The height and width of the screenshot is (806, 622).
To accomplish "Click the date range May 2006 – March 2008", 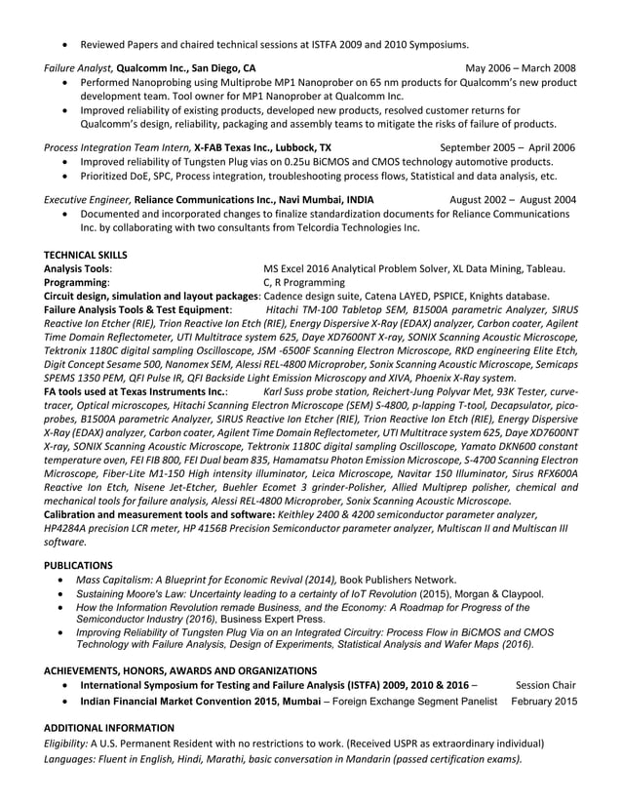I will point(521,68).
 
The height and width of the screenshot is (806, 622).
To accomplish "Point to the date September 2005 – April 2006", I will point(507,147).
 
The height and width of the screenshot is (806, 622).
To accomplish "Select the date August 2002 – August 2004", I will point(512,200).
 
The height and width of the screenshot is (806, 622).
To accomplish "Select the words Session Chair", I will point(545,685).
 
